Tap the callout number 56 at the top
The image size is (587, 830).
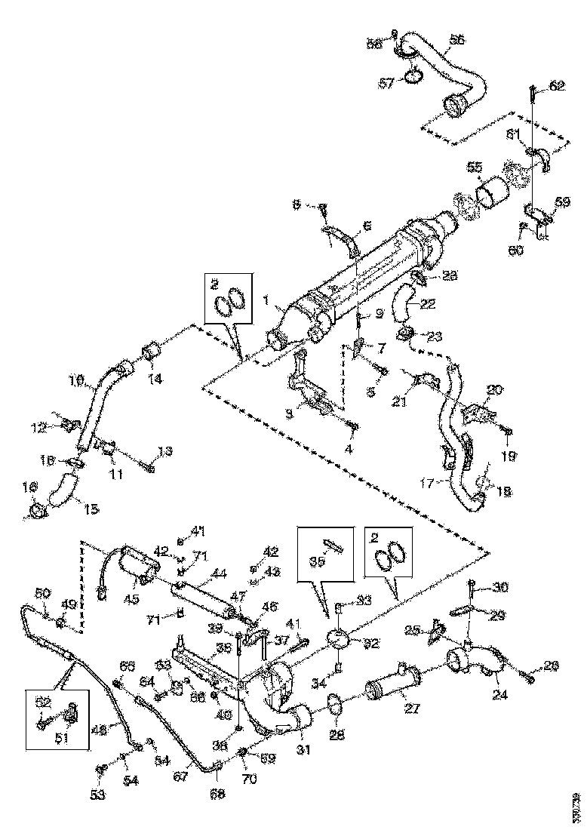(x=457, y=39)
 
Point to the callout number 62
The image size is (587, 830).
(x=556, y=86)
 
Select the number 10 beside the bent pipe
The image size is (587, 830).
(x=78, y=383)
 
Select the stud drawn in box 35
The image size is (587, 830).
(x=332, y=545)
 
